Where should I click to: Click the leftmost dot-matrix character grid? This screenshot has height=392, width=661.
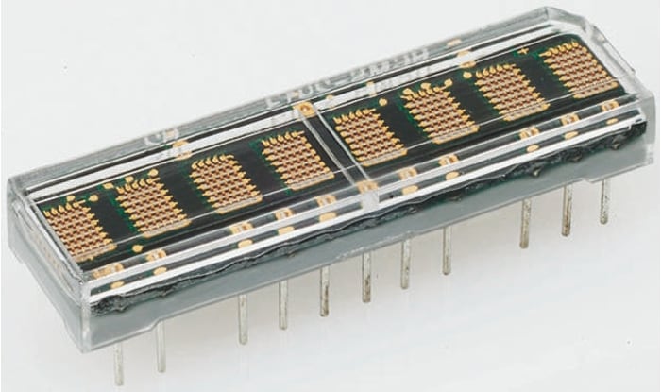click(x=78, y=226)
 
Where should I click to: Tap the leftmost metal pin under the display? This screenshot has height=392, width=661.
click(x=119, y=364)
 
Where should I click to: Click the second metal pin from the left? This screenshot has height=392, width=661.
click(x=160, y=345)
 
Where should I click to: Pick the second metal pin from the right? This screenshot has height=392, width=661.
click(x=567, y=212)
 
